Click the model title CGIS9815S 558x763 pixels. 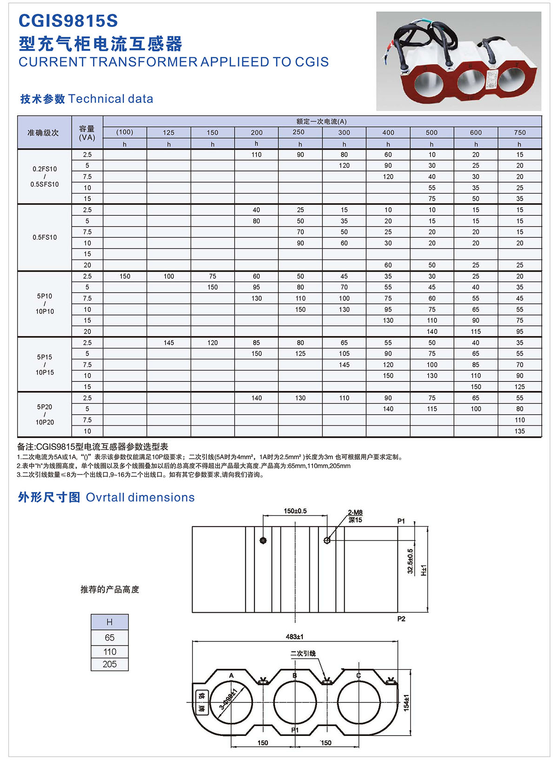[68, 21]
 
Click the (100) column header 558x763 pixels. [125, 132]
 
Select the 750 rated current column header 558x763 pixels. [519, 133]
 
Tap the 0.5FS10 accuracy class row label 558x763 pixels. [45, 237]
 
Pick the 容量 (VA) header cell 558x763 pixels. [87, 133]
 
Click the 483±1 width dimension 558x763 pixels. [294, 636]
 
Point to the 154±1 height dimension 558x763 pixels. [406, 703]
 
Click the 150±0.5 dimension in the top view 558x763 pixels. [295, 511]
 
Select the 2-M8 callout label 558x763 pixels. [355, 513]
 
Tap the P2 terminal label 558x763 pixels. [401, 619]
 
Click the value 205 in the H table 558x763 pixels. [110, 664]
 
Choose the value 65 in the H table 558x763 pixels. [110, 637]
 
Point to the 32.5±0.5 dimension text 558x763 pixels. [410, 561]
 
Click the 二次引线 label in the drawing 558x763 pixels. [303, 653]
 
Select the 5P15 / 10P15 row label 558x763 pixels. [45, 365]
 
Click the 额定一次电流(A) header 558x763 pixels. [322, 121]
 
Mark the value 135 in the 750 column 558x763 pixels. [519, 431]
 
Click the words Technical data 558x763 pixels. [111, 99]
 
